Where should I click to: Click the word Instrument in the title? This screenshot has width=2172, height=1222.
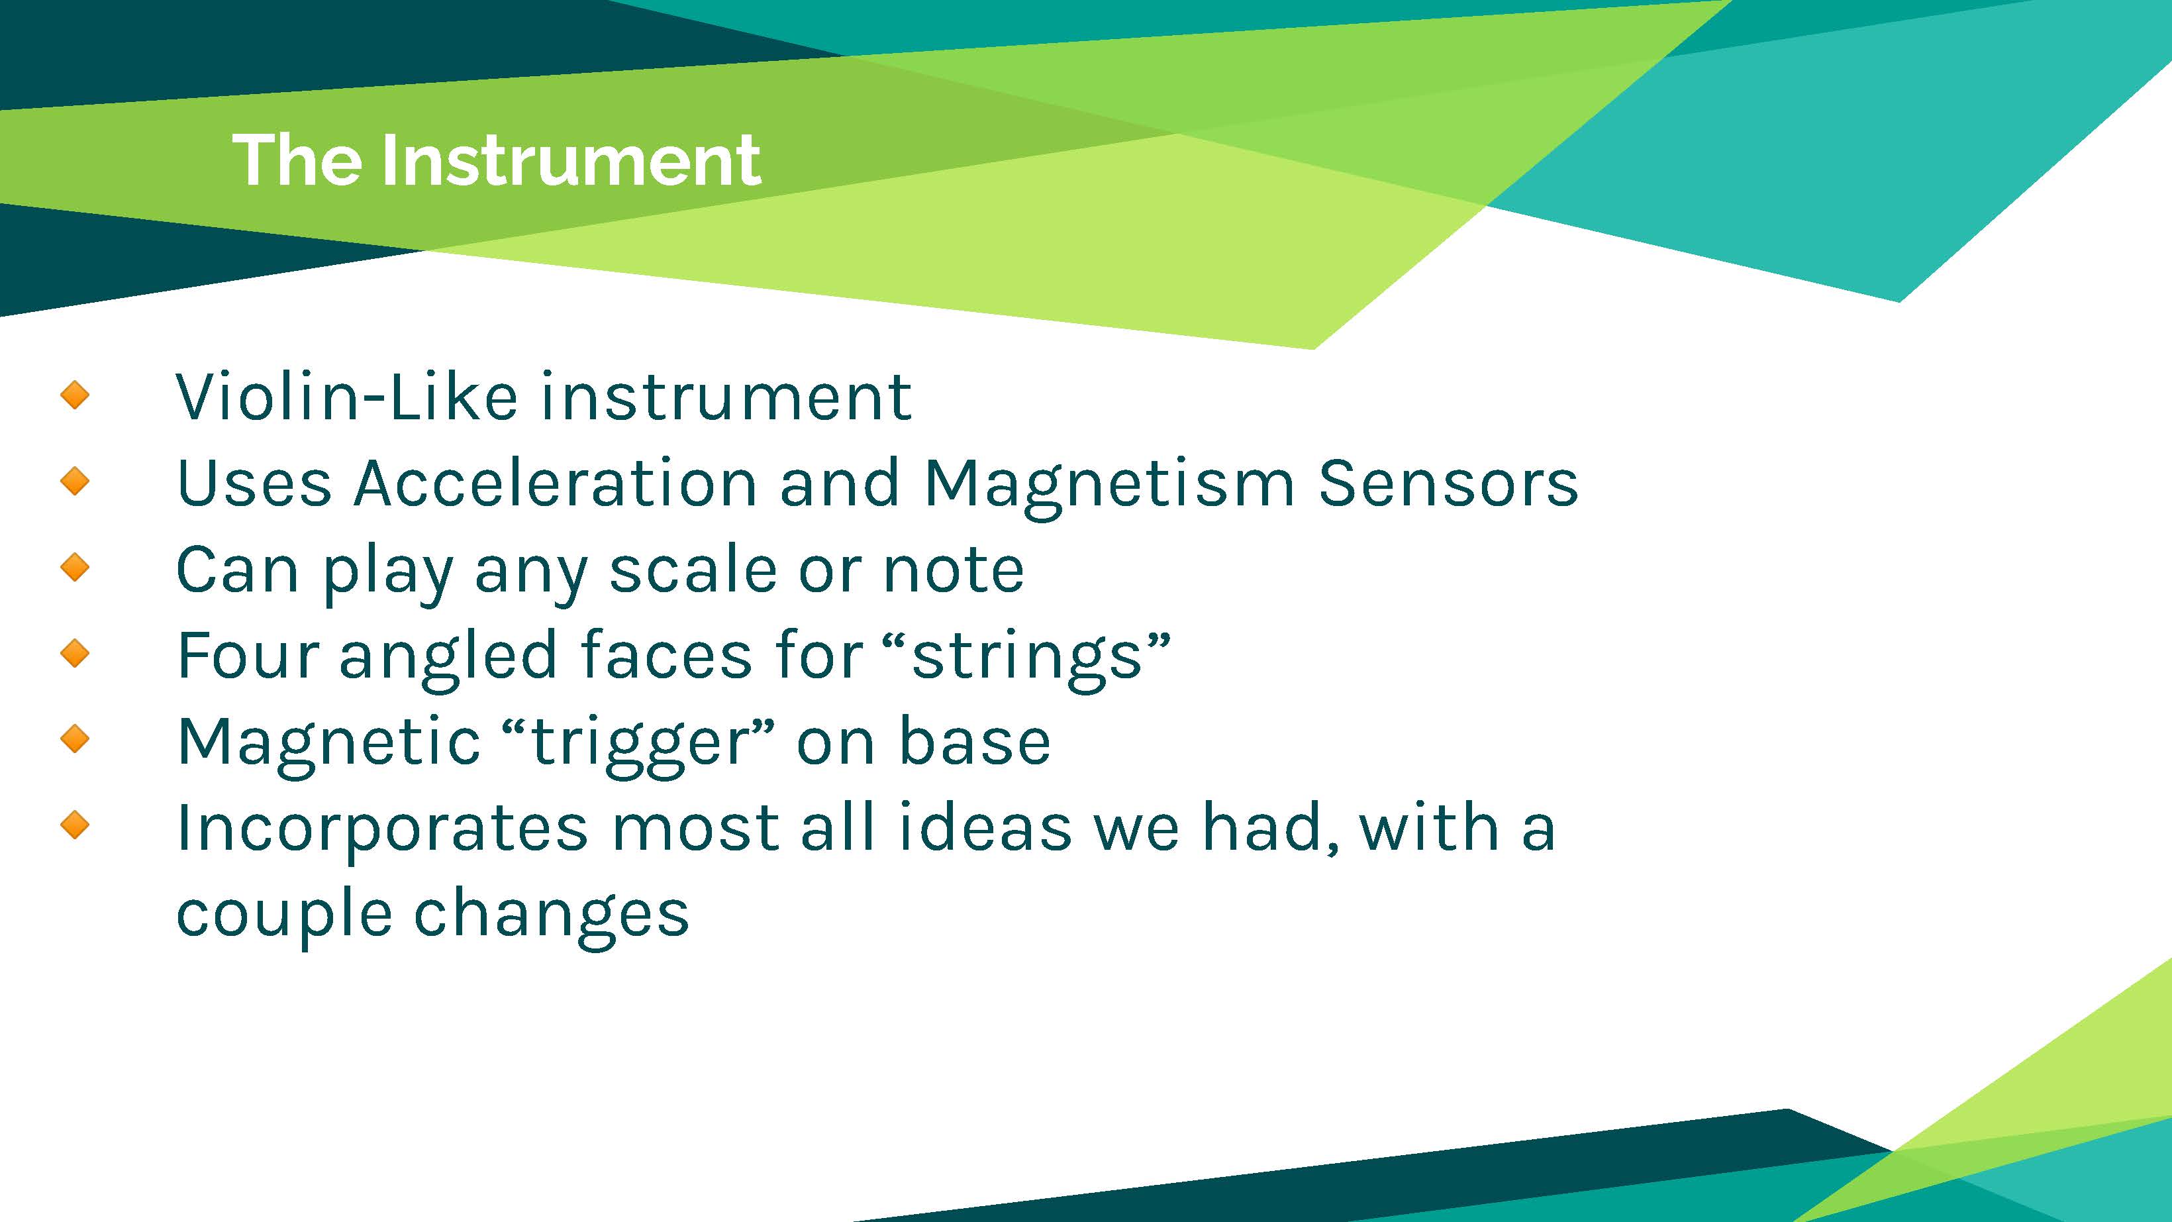(x=571, y=160)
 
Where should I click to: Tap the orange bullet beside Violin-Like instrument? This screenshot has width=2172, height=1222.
(x=75, y=394)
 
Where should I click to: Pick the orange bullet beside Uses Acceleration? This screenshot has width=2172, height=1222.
(x=75, y=481)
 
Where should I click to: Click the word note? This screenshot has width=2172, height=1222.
(x=954, y=571)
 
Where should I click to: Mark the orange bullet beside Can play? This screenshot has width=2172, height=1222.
(x=75, y=567)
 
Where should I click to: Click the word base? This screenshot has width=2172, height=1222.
(x=975, y=740)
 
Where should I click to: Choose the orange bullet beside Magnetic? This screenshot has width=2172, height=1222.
(x=75, y=738)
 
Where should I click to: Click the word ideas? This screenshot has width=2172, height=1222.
(x=985, y=827)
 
